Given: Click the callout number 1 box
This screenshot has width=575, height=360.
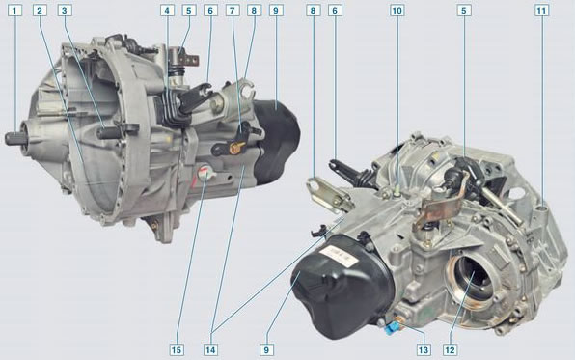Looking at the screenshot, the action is pos(14,11).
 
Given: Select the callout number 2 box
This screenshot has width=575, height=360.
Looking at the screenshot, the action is pos(40,11).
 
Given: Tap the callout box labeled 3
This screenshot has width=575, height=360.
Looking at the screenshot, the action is pos(65,11).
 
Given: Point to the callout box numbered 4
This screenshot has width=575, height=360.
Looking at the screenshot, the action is pos(167,11).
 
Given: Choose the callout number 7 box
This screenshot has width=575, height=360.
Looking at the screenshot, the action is pos(233,11).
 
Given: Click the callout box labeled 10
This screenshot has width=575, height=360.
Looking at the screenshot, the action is pos(397,11).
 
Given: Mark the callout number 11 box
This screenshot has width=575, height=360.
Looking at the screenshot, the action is pos(541,11).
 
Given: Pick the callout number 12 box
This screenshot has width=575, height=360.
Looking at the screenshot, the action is pos(450,349).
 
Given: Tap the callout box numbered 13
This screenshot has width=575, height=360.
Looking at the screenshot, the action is pos(424,349).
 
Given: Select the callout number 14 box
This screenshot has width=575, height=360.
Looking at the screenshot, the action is pos(210,349).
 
